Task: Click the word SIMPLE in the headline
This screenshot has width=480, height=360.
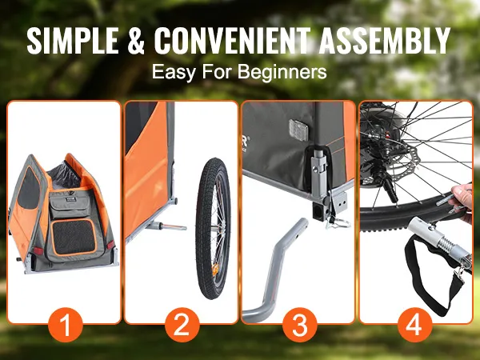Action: (x=73, y=41)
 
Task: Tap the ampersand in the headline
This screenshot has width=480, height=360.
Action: (x=136, y=41)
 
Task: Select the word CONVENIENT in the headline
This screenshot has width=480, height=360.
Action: (x=232, y=41)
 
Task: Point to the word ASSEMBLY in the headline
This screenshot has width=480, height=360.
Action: (x=384, y=41)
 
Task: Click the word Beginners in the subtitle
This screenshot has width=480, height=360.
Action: (x=282, y=72)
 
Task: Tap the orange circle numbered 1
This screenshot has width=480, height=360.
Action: (x=66, y=325)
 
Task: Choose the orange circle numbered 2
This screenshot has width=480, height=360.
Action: (x=182, y=325)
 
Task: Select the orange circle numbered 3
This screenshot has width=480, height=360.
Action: (x=299, y=325)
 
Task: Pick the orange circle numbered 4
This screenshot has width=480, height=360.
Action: (x=414, y=325)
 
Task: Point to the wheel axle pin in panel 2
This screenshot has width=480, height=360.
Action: (x=167, y=226)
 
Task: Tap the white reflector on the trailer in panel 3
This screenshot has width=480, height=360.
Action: (x=301, y=130)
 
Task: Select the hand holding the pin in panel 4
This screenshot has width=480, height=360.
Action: (x=463, y=202)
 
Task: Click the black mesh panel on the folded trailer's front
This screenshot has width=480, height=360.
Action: (x=74, y=238)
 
